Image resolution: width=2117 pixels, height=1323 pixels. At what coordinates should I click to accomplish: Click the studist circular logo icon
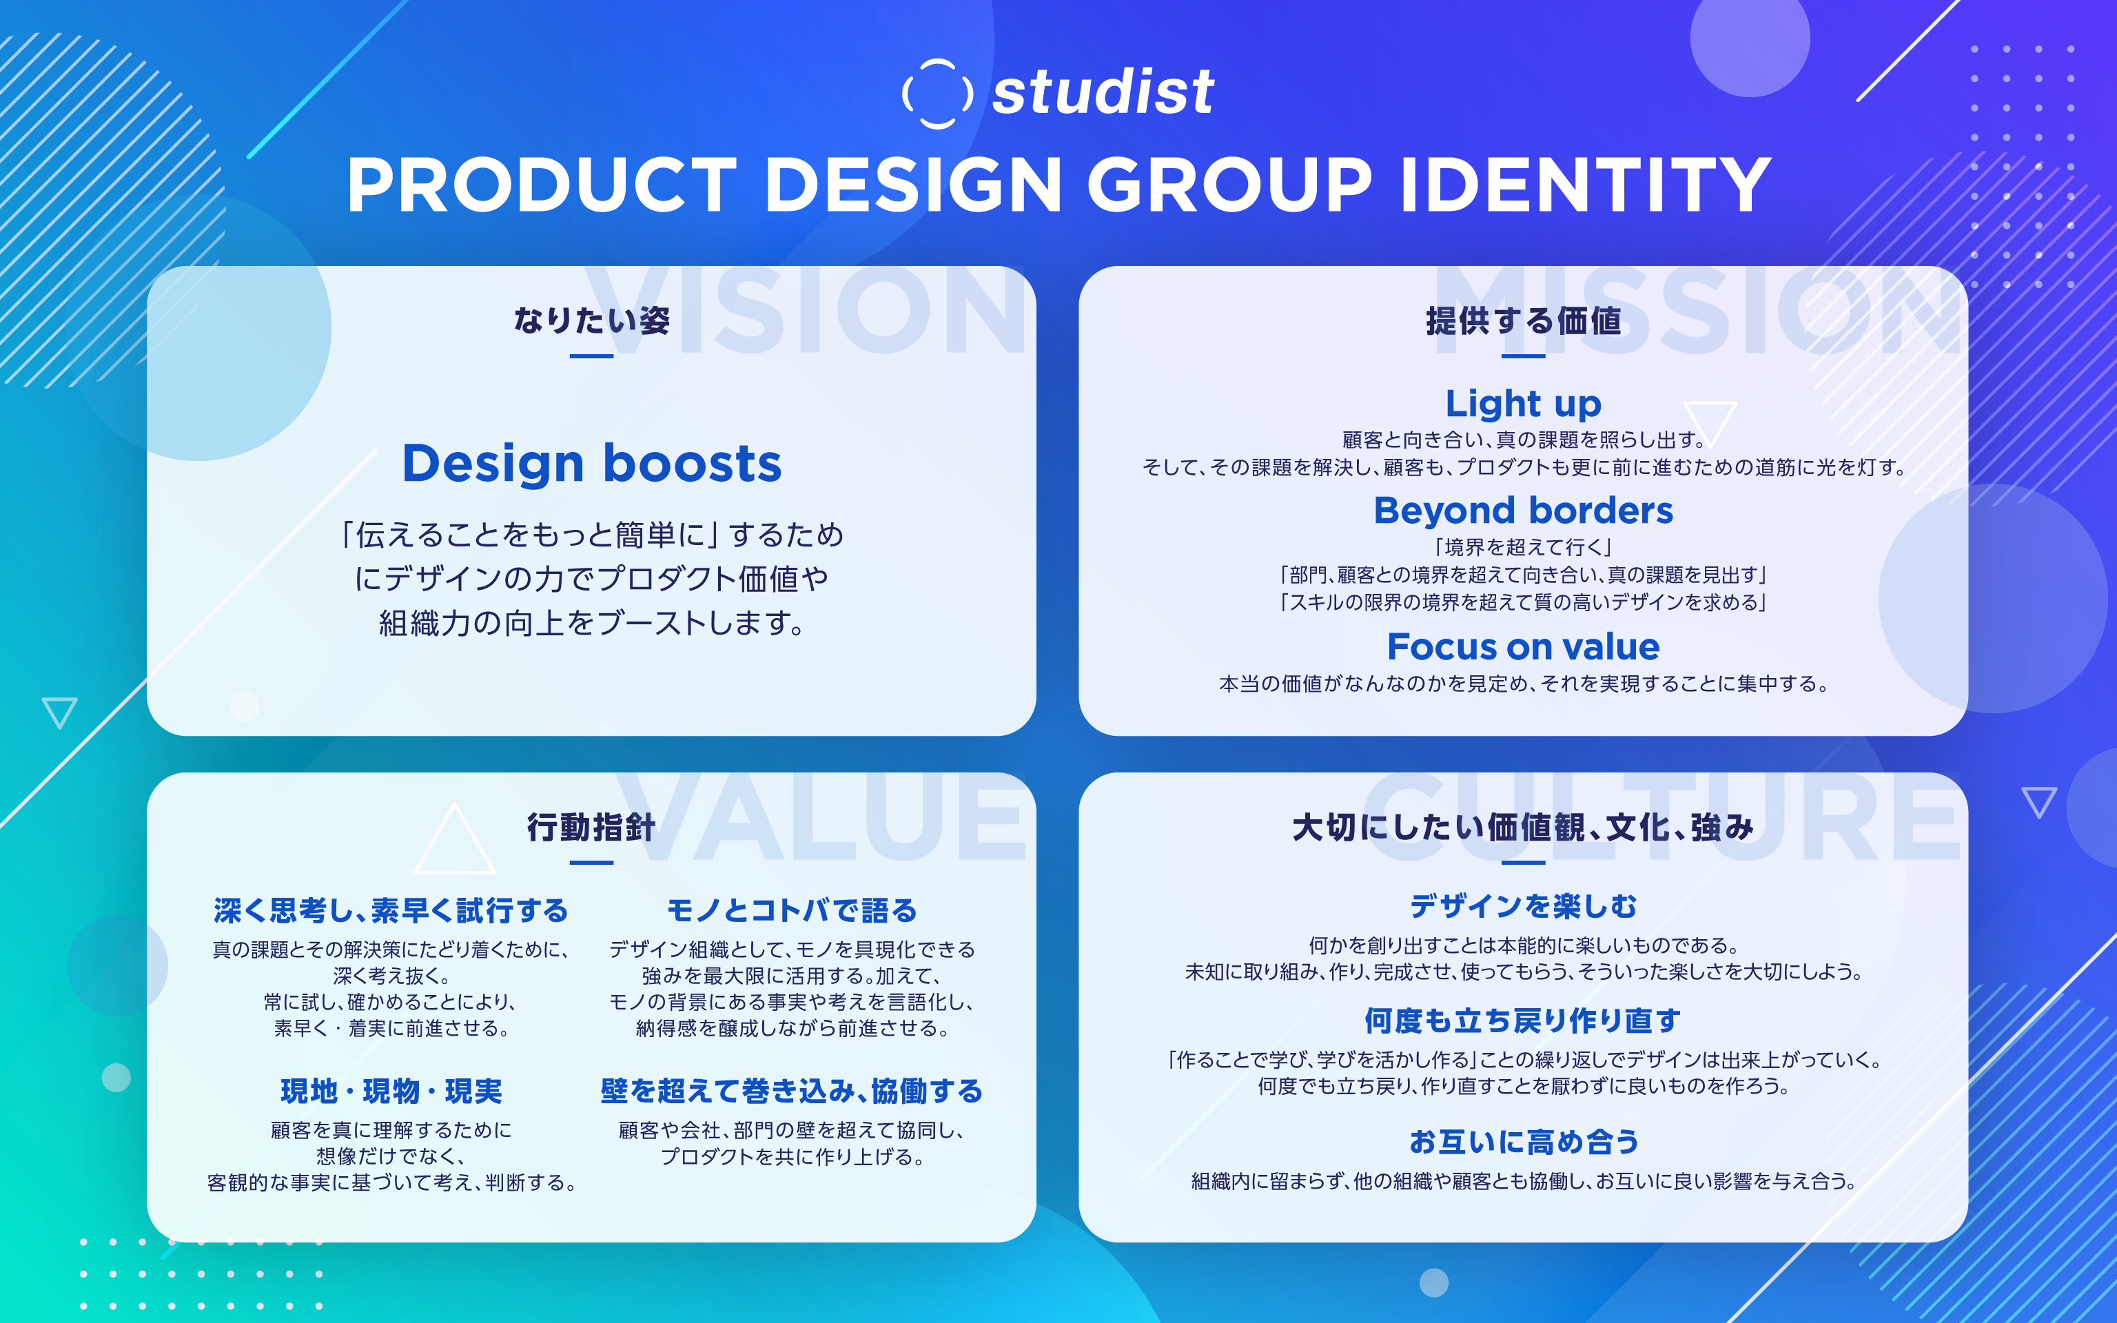[937, 93]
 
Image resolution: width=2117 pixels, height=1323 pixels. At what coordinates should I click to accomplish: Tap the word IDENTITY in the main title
[1585, 185]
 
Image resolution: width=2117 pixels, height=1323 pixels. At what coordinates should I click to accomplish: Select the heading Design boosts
[591, 463]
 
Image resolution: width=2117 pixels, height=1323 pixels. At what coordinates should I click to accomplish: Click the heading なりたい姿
[591, 320]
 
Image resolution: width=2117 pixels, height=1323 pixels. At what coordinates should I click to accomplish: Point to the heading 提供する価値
[1523, 321]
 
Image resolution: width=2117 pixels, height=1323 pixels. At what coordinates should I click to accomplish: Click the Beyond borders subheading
[1523, 510]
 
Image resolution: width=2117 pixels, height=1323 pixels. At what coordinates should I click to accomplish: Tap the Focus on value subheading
[1523, 646]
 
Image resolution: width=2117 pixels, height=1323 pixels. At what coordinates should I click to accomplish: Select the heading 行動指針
[591, 827]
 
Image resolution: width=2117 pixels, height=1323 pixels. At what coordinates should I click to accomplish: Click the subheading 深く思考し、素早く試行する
[391, 911]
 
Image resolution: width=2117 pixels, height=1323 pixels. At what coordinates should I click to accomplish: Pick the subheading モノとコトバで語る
[792, 911]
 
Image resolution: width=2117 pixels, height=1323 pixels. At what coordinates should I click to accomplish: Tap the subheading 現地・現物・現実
[391, 1091]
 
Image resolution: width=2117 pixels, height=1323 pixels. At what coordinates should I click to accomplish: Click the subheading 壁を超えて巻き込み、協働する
[792, 1091]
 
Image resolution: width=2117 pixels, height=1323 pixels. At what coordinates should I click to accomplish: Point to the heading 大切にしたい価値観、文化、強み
[1523, 827]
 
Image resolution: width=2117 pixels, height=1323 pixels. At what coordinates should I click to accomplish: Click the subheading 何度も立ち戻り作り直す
[1523, 1021]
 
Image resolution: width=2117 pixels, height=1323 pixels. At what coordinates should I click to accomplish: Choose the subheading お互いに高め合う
[1523, 1142]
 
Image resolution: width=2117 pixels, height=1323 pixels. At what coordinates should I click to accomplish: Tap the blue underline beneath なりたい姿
[591, 356]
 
